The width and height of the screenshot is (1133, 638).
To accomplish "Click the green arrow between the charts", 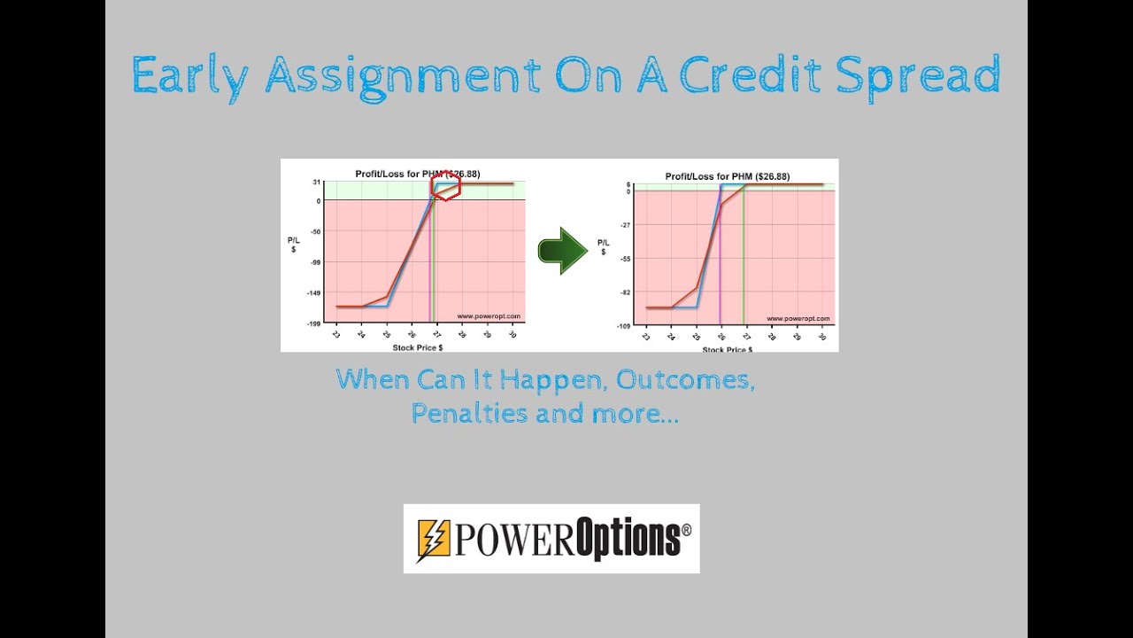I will click(x=562, y=251).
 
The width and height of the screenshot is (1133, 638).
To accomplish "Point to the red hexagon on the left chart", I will click(x=445, y=186).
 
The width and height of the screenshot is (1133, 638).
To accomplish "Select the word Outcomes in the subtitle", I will click(x=685, y=380).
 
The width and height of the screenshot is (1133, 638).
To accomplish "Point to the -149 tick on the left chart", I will click(x=314, y=293).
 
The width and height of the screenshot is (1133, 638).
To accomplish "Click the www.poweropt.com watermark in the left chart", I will click(x=489, y=315).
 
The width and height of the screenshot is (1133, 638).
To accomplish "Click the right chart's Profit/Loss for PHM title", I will click(x=727, y=175).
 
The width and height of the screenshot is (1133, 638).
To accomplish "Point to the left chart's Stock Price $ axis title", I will click(x=417, y=347).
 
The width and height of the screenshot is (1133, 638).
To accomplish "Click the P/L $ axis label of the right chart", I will click(x=603, y=246).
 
